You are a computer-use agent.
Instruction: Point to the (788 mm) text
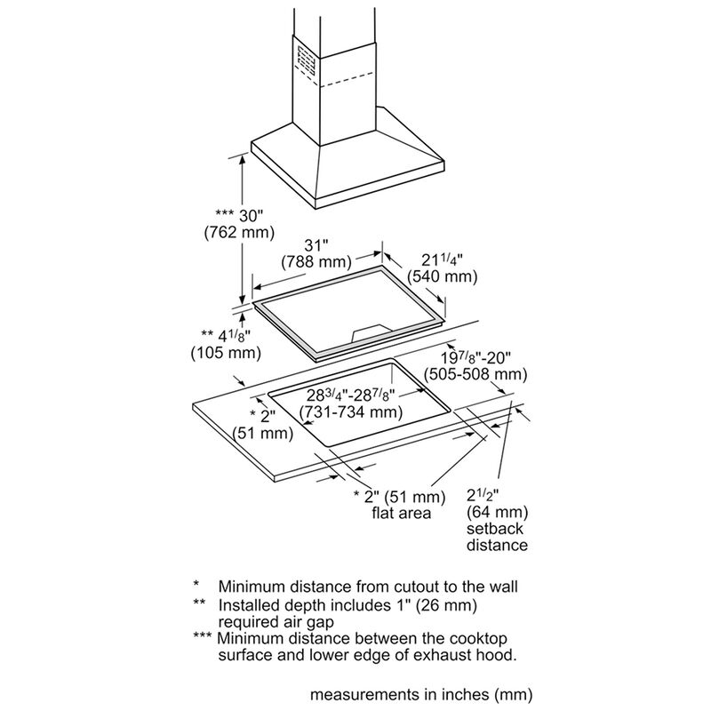tap(316, 262)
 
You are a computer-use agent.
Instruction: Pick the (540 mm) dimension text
tap(442, 276)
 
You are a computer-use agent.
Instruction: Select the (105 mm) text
tap(225, 353)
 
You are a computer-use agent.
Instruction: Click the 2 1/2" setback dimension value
tap(485, 495)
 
